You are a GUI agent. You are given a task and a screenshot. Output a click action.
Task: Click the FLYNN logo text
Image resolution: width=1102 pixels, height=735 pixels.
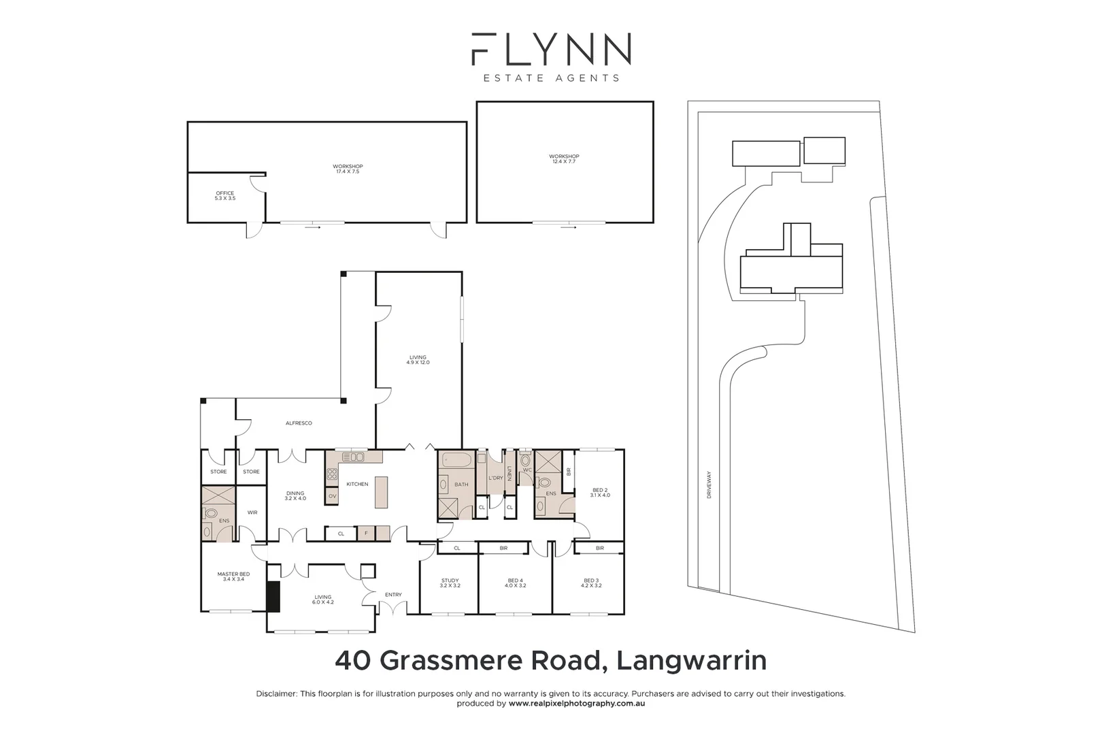(x=551, y=50)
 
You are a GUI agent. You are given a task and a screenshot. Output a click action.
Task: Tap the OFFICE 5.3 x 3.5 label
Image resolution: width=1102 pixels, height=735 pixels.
(x=224, y=195)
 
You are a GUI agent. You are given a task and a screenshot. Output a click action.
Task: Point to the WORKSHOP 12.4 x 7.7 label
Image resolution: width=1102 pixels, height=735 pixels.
(x=564, y=159)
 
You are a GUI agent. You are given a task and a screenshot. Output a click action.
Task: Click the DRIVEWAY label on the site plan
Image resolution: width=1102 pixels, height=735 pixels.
(x=708, y=485)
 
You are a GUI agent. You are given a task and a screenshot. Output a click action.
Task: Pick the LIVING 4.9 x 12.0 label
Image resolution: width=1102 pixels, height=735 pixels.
(x=418, y=359)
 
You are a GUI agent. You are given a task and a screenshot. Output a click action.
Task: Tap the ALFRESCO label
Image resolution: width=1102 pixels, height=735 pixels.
(x=299, y=423)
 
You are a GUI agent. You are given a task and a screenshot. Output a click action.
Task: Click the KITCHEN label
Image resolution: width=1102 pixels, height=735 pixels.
(x=357, y=484)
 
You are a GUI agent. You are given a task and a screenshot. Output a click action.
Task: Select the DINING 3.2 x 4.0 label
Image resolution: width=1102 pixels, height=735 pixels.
(x=295, y=495)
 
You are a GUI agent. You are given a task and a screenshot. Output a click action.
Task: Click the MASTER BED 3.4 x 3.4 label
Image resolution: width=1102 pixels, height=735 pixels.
(x=233, y=576)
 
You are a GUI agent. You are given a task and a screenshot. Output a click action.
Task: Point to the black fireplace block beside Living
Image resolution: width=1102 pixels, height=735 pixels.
(x=273, y=596)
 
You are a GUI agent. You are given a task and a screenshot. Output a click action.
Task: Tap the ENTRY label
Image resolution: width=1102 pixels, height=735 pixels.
(x=393, y=595)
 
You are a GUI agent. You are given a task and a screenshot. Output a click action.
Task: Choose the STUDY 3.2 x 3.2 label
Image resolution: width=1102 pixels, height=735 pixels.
(x=450, y=583)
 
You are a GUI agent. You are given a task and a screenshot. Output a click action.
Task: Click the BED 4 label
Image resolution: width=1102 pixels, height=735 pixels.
(x=515, y=583)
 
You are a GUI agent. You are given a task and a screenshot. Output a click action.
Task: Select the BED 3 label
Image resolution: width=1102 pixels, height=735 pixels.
(x=591, y=583)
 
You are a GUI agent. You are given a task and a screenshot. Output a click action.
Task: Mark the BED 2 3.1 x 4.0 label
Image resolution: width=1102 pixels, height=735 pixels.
(x=600, y=492)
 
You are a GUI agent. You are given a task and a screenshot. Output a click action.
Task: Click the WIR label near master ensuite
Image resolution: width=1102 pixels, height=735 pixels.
(x=252, y=512)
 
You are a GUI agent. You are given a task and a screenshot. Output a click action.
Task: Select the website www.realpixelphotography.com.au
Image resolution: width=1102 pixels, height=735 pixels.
(x=576, y=704)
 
